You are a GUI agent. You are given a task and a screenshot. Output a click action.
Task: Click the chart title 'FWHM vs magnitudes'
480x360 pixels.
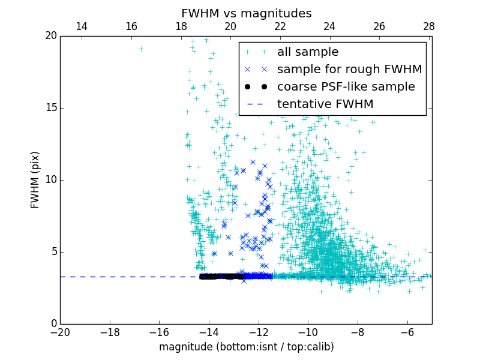click(x=246, y=13)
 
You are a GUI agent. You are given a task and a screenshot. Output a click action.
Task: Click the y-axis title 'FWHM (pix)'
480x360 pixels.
click(x=35, y=179)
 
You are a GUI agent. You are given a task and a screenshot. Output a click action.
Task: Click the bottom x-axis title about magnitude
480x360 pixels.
click(x=246, y=347)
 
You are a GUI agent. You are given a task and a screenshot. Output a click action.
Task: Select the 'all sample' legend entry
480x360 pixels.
click(x=308, y=52)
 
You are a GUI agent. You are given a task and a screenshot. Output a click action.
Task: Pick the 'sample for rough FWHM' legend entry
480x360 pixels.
click(x=349, y=70)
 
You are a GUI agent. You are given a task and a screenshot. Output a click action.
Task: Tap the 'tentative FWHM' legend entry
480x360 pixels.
click(x=325, y=104)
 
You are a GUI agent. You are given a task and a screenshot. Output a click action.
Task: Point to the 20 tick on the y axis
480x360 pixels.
click(x=50, y=36)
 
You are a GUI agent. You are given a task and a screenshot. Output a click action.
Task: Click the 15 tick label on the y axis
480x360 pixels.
click(x=50, y=108)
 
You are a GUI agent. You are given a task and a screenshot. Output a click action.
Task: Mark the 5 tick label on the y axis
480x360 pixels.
click(x=53, y=252)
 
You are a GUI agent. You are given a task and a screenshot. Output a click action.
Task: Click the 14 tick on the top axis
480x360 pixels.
click(x=82, y=26)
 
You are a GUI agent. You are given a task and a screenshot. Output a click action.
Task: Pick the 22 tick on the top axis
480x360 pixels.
click(x=280, y=26)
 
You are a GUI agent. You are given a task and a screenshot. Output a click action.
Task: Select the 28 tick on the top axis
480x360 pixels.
click(x=429, y=26)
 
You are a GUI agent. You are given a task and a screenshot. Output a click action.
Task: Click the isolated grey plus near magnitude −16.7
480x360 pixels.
click(x=141, y=49)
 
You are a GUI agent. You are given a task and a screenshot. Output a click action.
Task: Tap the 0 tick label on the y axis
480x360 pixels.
click(x=53, y=324)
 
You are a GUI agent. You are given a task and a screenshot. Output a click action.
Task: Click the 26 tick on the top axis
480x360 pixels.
click(x=379, y=26)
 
